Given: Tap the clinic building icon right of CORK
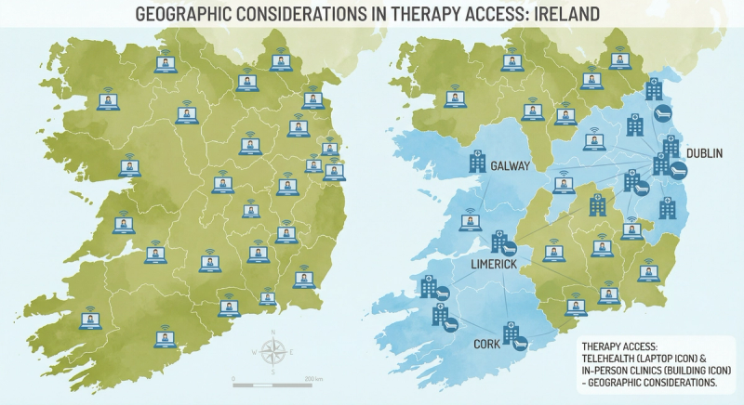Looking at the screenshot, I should click(x=511, y=332).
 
